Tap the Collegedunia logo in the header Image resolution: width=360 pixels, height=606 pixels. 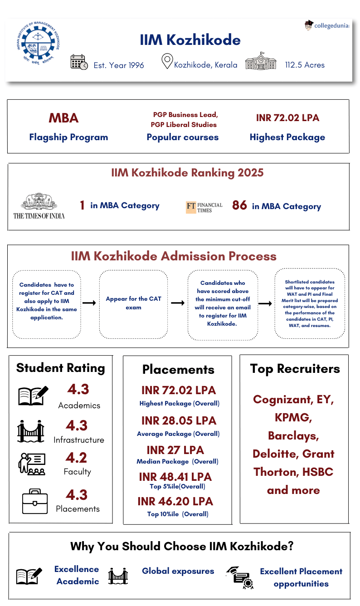click(327, 26)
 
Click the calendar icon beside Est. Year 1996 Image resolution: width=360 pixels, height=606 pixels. click(79, 62)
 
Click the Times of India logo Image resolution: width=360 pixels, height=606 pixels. click(39, 207)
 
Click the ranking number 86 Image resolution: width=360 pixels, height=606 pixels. click(239, 205)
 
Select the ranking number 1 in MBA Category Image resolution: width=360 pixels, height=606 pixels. click(82, 205)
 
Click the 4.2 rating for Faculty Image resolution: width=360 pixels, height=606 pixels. click(76, 458)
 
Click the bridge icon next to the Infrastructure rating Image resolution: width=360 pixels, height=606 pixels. click(31, 431)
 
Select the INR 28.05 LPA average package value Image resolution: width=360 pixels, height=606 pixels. click(179, 420)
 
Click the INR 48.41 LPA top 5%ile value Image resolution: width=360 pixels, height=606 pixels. click(175, 477)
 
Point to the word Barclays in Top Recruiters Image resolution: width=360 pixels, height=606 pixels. click(293, 436)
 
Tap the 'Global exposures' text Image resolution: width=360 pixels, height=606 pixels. click(178, 571)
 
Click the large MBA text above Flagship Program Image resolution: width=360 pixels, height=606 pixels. click(63, 118)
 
